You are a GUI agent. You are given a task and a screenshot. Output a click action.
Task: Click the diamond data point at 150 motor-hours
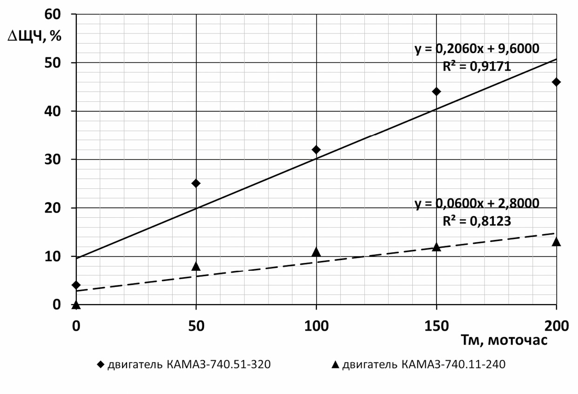[x=436, y=92]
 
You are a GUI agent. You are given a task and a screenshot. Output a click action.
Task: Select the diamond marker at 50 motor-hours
[x=196, y=183]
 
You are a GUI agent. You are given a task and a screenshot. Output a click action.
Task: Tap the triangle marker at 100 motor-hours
[x=316, y=252]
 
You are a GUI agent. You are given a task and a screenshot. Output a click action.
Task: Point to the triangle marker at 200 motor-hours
[x=556, y=241]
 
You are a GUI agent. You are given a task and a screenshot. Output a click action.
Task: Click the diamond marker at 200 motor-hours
[x=556, y=82]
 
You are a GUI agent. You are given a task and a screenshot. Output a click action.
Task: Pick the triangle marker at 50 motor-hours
[x=196, y=266]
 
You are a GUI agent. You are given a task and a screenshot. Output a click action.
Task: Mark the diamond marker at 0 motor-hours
[x=76, y=285]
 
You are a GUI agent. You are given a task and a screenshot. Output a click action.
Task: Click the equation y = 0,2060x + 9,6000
[x=477, y=49]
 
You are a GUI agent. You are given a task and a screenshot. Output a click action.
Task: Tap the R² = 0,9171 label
[x=477, y=67]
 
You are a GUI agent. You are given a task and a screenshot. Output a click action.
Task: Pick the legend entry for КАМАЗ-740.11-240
[x=418, y=365]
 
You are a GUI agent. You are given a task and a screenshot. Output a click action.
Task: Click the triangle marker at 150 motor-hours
[x=436, y=247]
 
